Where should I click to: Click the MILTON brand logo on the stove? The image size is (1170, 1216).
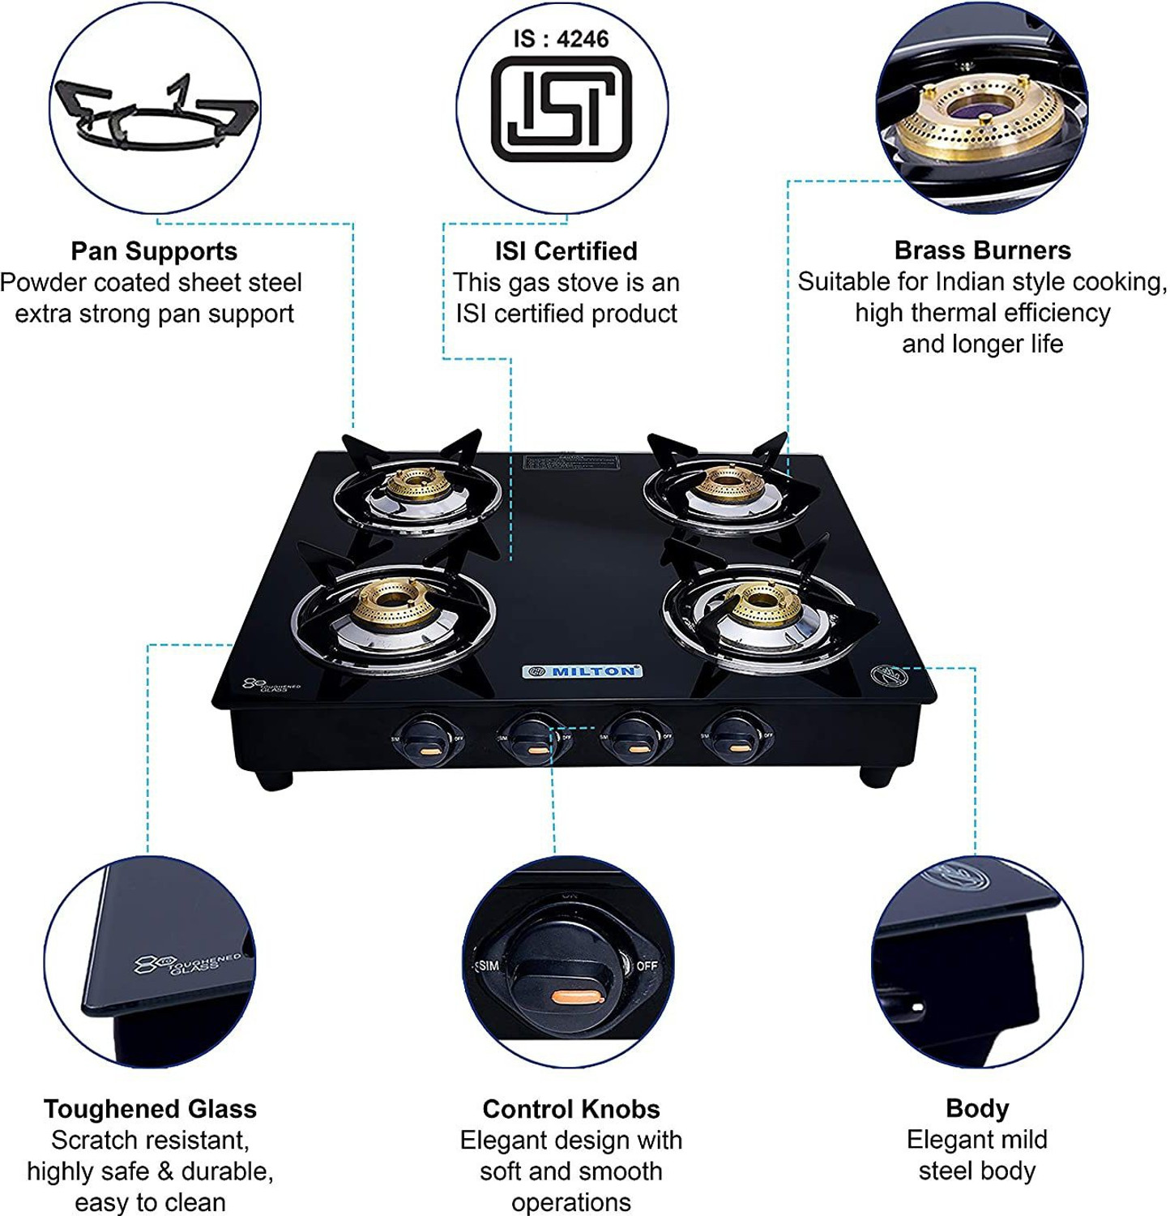pos(582,671)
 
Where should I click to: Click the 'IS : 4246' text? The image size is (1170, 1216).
pos(561,39)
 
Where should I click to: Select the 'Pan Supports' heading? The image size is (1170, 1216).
pos(154,251)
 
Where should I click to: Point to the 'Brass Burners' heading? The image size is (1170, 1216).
pos(982,250)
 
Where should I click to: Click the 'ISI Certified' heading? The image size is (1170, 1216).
pos(566,251)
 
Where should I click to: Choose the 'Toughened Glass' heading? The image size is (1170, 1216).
pos(150,1109)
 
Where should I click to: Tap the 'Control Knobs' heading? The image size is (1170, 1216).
pos(571,1109)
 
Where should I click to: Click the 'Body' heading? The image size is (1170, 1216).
pos(977,1108)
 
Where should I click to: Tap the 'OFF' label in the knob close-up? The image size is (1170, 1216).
pos(647,966)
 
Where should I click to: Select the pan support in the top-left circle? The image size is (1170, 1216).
pos(154,113)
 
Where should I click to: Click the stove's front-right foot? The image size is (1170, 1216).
pos(875,777)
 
